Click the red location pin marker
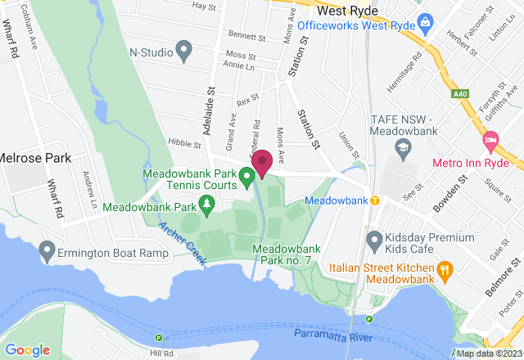[x=262, y=162]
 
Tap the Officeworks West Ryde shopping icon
[x=424, y=20]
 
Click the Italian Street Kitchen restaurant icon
[x=445, y=268]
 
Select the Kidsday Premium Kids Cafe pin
[x=375, y=241]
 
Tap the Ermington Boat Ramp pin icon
[x=47, y=247]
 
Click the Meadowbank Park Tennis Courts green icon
[x=246, y=175]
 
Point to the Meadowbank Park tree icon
[x=208, y=202]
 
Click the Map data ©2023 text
[x=488, y=353]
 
